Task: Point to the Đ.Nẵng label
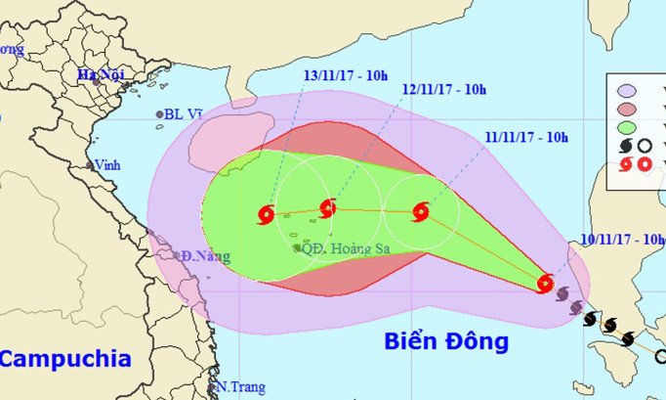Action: [203, 256]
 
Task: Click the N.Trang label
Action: [240, 386]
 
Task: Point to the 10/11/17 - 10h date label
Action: [620, 239]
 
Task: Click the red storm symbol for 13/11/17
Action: [269, 213]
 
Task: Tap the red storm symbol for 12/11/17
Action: [327, 207]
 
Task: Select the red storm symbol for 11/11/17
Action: [421, 209]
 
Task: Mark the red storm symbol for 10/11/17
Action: [546, 284]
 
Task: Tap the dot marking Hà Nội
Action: [96, 83]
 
